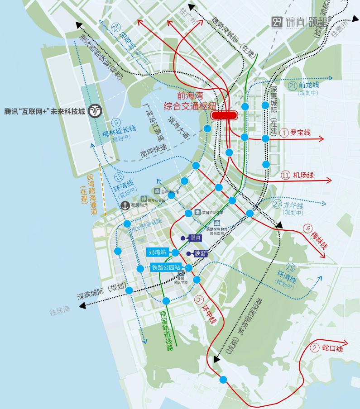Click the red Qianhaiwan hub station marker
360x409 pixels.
pyautogui.click(x=225, y=115)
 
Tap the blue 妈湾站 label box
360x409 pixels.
pyautogui.click(x=158, y=252)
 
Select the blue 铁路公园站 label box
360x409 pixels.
pyautogui.click(x=167, y=267)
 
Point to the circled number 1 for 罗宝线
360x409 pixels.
pyautogui.click(x=284, y=133)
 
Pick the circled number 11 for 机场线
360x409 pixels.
pyautogui.click(x=286, y=175)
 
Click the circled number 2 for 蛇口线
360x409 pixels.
pyautogui.click(x=316, y=348)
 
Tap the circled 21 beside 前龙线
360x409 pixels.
pyautogui.click(x=293, y=85)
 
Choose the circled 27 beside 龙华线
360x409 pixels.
pyautogui.click(x=278, y=204)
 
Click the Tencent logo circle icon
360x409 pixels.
pyautogui.click(x=96, y=110)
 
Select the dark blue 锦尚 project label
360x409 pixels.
pyautogui.click(x=195, y=238)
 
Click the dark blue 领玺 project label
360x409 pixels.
pyautogui.click(x=201, y=253)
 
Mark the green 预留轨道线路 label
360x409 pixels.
pyautogui.click(x=166, y=331)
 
